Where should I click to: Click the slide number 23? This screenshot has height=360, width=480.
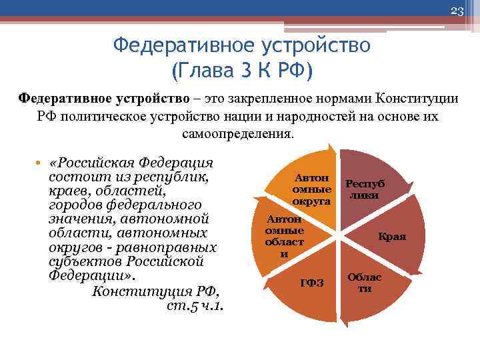click(x=457, y=11)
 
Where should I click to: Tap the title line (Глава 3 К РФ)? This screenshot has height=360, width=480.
click(x=241, y=69)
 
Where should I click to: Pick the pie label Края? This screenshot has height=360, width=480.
click(x=392, y=236)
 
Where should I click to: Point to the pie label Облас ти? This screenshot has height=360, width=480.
click(x=365, y=283)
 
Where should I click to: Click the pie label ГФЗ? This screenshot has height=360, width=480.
click(x=312, y=283)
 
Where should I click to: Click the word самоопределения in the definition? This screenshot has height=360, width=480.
click(x=237, y=133)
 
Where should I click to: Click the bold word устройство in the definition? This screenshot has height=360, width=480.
click(x=158, y=99)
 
